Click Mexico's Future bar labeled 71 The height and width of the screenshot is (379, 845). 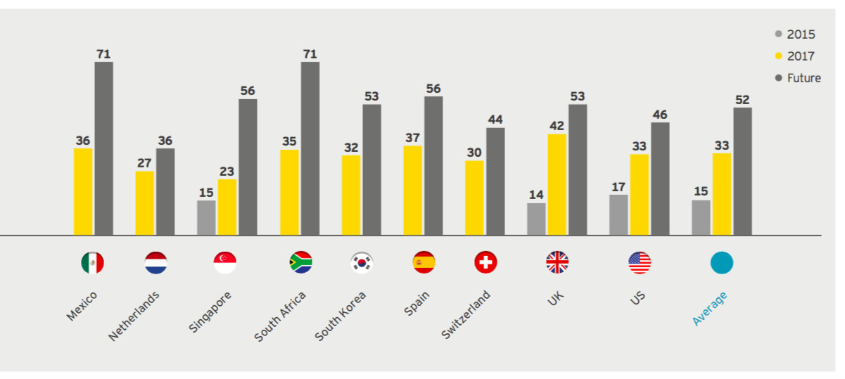pyautogui.click(x=103, y=148)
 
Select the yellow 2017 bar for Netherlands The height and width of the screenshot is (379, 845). pyautogui.click(x=145, y=203)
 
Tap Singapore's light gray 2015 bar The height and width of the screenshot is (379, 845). pyautogui.click(x=206, y=218)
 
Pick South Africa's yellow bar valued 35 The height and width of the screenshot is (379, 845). pyautogui.click(x=289, y=193)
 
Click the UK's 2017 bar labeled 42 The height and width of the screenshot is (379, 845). pyautogui.click(x=557, y=185)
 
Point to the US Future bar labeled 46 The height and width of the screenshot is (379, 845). pyautogui.click(x=660, y=179)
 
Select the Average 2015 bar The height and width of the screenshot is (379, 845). pyautogui.click(x=701, y=218)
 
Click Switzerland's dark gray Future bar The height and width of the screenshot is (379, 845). pyautogui.click(x=495, y=181)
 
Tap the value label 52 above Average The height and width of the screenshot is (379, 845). pyautogui.click(x=742, y=100)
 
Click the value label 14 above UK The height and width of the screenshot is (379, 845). pyautogui.click(x=536, y=195)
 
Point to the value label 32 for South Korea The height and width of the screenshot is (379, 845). pyautogui.click(x=351, y=148)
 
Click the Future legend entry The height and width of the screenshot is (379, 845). pyautogui.click(x=798, y=78)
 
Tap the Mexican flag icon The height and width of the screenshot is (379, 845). pyautogui.click(x=92, y=263)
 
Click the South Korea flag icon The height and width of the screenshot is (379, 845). pyautogui.click(x=362, y=263)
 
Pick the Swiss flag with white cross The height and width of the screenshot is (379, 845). pyautogui.click(x=485, y=263)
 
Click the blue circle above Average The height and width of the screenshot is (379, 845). pyautogui.click(x=722, y=263)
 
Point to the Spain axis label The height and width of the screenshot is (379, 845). pyautogui.click(x=417, y=304)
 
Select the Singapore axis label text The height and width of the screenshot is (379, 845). pyautogui.click(x=210, y=311)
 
